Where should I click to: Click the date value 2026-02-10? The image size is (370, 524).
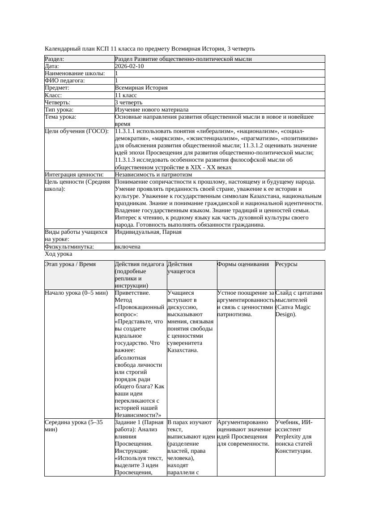(129, 66)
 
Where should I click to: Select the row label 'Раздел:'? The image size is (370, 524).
(55, 59)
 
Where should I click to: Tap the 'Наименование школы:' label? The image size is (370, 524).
(75, 73)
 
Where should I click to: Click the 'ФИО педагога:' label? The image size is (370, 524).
(65, 81)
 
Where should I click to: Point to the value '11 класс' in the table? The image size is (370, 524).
(126, 95)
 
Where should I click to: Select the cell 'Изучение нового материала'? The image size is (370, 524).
(152, 110)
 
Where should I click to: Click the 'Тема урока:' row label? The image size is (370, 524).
(61, 117)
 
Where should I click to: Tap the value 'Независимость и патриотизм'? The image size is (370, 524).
(153, 175)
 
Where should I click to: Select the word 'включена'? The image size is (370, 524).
(128, 247)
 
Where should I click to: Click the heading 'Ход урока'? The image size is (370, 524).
(58, 254)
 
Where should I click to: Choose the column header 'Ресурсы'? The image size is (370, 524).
(286, 264)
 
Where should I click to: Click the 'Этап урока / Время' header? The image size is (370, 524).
(70, 264)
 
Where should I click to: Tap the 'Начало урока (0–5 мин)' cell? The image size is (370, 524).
(76, 293)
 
